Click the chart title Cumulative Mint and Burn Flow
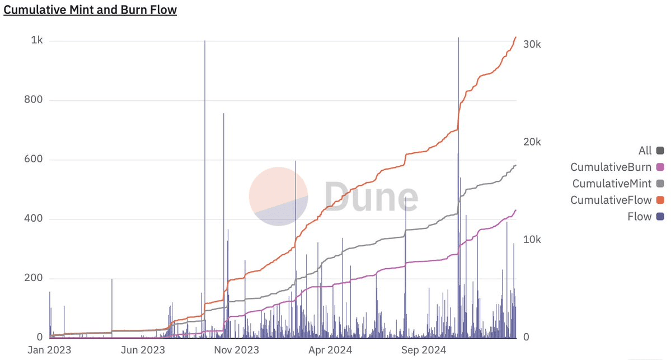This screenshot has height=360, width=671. (x=90, y=10)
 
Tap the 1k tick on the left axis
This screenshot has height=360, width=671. (x=37, y=41)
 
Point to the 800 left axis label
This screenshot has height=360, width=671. (x=35, y=101)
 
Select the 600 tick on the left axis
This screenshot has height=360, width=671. (x=35, y=160)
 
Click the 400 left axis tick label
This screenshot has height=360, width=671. (x=35, y=219)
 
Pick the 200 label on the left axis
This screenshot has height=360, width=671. (x=35, y=278)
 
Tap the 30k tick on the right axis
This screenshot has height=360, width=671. (x=532, y=45)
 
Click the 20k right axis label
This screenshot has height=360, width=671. (x=532, y=142)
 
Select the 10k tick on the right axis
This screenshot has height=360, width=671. (x=532, y=240)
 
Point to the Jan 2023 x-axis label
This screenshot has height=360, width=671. (x=49, y=350)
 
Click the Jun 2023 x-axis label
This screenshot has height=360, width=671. (x=143, y=350)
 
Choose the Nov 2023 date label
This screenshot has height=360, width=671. (x=237, y=350)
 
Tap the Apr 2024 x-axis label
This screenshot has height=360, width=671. (x=330, y=350)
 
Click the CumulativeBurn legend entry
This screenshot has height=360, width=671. (x=611, y=167)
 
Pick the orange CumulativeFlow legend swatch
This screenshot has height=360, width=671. (x=660, y=200)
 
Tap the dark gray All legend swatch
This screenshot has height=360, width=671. (x=660, y=151)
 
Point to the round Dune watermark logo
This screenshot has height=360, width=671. (x=278, y=197)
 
